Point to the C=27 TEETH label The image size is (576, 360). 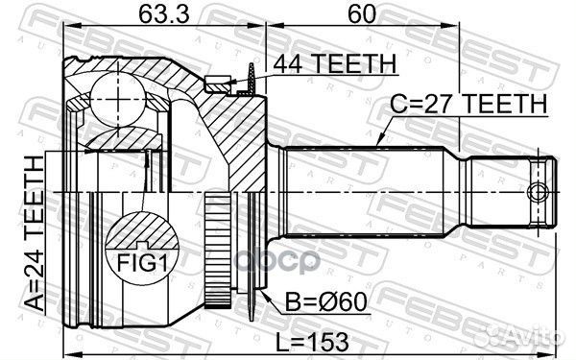(x=468, y=104)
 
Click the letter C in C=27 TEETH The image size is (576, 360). (x=396, y=104)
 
